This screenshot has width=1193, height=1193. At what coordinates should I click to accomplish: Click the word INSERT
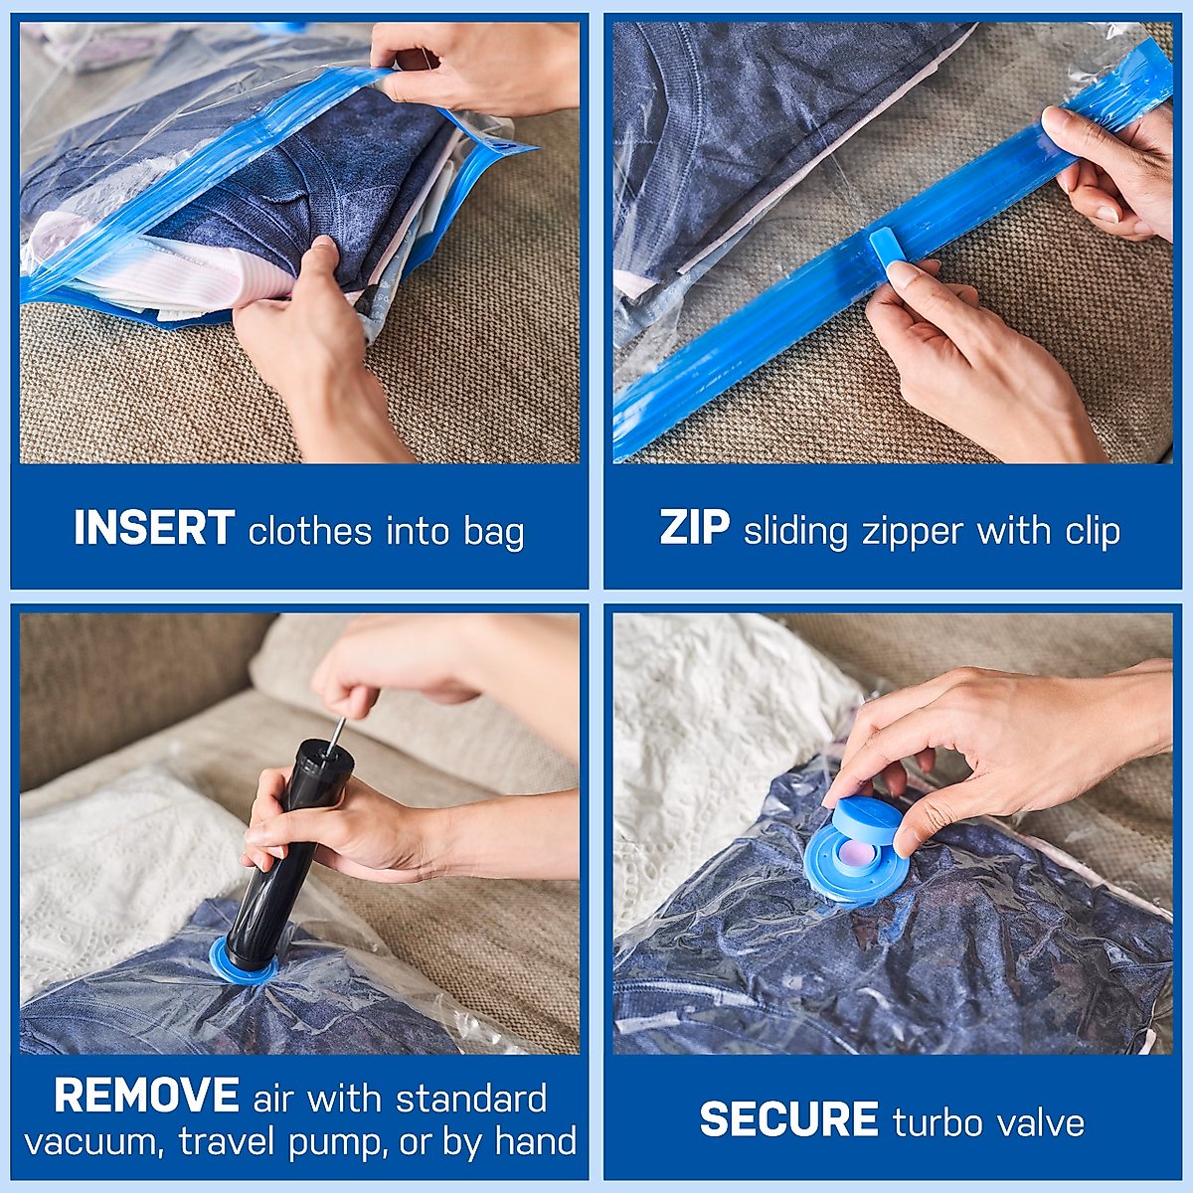(x=154, y=528)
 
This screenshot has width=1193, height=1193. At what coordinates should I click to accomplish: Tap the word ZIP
(x=695, y=528)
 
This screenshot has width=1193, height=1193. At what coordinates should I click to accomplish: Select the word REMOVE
(x=146, y=1096)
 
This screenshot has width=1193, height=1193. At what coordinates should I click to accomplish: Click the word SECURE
(x=788, y=1120)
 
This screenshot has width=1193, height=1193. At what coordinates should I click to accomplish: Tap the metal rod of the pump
(x=337, y=735)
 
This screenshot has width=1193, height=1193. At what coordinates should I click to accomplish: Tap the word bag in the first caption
(x=494, y=532)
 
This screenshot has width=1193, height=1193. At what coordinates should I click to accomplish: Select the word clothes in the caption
(x=310, y=531)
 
